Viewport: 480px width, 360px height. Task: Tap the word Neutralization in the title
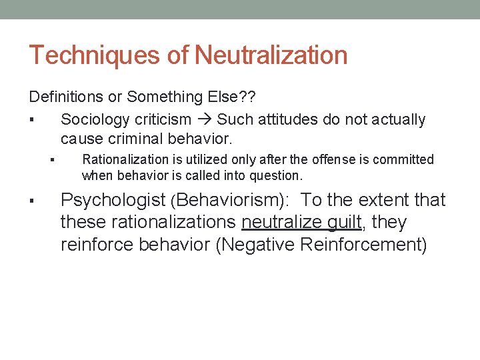point(271,55)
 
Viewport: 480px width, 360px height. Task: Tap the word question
point(275,176)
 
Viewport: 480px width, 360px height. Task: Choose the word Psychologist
point(112,199)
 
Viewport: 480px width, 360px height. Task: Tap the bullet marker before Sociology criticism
point(31,121)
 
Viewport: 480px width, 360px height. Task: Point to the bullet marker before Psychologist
point(31,200)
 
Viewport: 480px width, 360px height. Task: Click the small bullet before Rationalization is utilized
point(52,160)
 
